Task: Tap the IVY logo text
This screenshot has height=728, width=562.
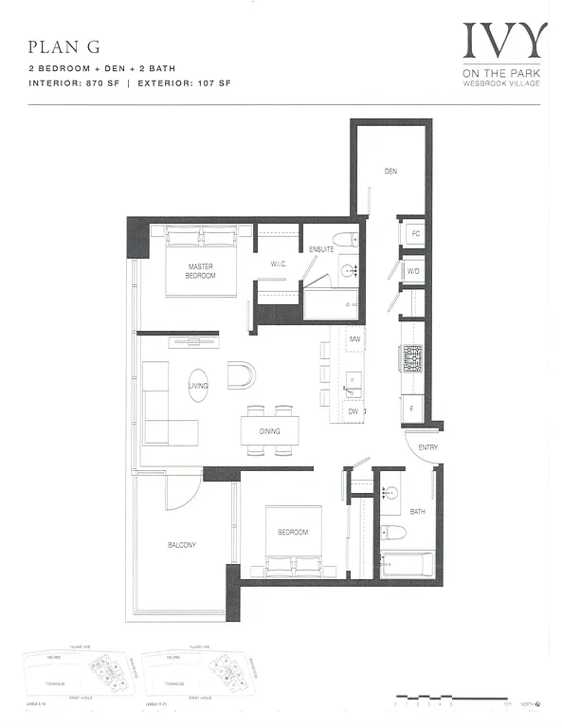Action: pyautogui.click(x=505, y=40)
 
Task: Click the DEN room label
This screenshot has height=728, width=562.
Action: pyautogui.click(x=390, y=172)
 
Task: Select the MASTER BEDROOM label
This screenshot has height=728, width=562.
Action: pyautogui.click(x=200, y=271)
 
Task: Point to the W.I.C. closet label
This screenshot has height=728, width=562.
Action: pyautogui.click(x=279, y=263)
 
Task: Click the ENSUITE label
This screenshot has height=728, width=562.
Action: pyautogui.click(x=321, y=249)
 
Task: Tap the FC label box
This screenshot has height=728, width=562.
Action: pyautogui.click(x=413, y=233)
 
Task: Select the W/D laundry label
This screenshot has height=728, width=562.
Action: pyautogui.click(x=413, y=271)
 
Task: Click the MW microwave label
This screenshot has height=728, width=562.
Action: pyautogui.click(x=354, y=337)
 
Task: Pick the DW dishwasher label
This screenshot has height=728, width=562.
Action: pyautogui.click(x=353, y=412)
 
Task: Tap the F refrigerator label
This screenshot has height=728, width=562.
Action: pyautogui.click(x=412, y=408)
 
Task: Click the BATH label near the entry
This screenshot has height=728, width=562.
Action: pyautogui.click(x=418, y=512)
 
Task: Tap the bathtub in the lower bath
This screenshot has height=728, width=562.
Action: pyautogui.click(x=408, y=568)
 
